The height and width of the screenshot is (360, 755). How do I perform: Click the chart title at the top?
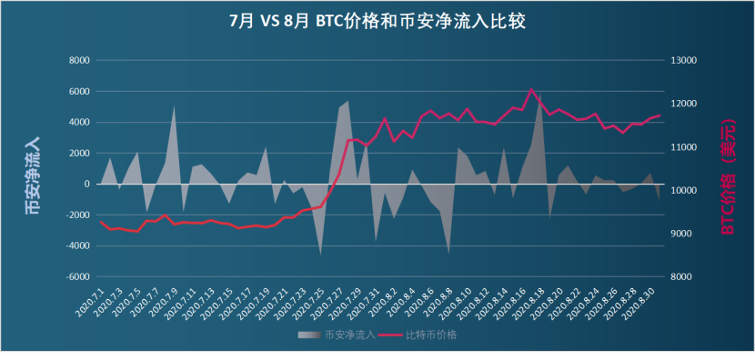(377, 21)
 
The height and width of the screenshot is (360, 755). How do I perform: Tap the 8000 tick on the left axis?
(79, 61)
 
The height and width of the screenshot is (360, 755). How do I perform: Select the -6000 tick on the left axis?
(77, 277)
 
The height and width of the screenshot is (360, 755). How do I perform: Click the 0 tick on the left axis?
(86, 185)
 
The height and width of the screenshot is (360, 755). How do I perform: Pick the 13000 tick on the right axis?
(681, 61)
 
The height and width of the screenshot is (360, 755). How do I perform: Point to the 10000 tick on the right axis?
(681, 191)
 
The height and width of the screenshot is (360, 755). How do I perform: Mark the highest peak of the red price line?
(530, 89)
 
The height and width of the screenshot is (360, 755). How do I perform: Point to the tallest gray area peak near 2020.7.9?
(174, 107)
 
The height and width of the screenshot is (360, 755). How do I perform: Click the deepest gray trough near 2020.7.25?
(320, 254)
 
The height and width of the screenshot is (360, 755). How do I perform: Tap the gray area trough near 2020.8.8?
(448, 253)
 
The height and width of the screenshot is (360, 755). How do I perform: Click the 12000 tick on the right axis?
(681, 105)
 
